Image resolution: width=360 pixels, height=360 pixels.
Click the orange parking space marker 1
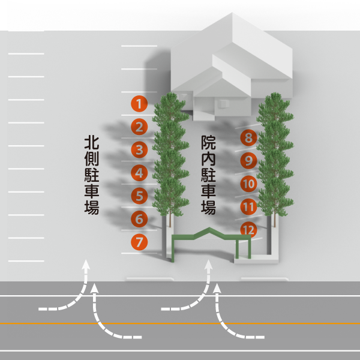pyautogui.click(x=139, y=104)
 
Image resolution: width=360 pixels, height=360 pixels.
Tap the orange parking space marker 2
pyautogui.click(x=139, y=127)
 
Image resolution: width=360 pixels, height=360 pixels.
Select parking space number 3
pyautogui.click(x=139, y=150)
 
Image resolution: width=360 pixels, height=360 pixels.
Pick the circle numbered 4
pyautogui.click(x=139, y=173)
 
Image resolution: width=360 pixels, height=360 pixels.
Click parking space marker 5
pyautogui.click(x=139, y=196)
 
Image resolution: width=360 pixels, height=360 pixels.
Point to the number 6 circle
pyautogui.click(x=139, y=220)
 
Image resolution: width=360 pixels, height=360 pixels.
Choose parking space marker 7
pyautogui.click(x=139, y=242)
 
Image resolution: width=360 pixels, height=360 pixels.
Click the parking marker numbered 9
pyautogui.click(x=248, y=161)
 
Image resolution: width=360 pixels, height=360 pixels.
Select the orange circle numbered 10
pyautogui.click(x=248, y=184)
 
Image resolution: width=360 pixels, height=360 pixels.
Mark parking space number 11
pyautogui.click(x=248, y=207)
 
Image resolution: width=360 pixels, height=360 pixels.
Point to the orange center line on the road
pyautogui.click(x=180, y=323)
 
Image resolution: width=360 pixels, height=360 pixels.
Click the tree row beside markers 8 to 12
pyautogui.click(x=274, y=156)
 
